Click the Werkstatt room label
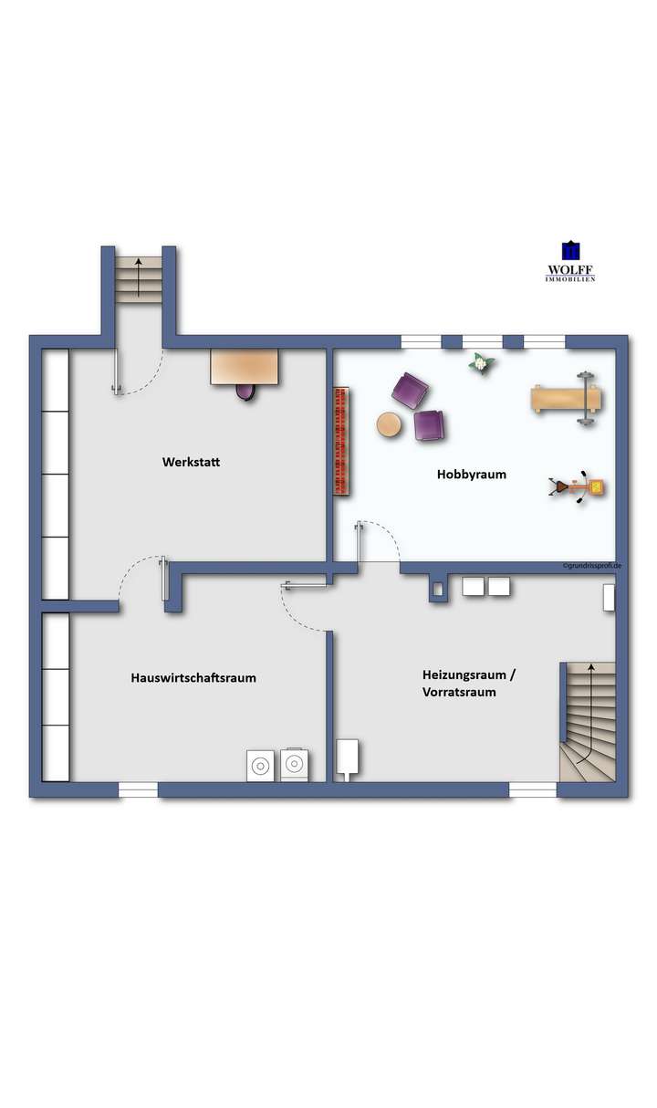coord(191,462)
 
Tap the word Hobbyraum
coord(471,475)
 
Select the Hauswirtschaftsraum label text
coord(193,677)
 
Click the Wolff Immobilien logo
coord(570,261)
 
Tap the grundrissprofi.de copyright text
coord(592,566)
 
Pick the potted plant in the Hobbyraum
coord(480,363)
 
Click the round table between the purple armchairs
coord(390,425)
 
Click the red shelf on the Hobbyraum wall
coord(342,441)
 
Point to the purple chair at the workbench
coord(246,392)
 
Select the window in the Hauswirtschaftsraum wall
coord(139,789)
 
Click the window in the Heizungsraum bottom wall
coord(533,789)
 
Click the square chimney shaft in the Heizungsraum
coord(438,591)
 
